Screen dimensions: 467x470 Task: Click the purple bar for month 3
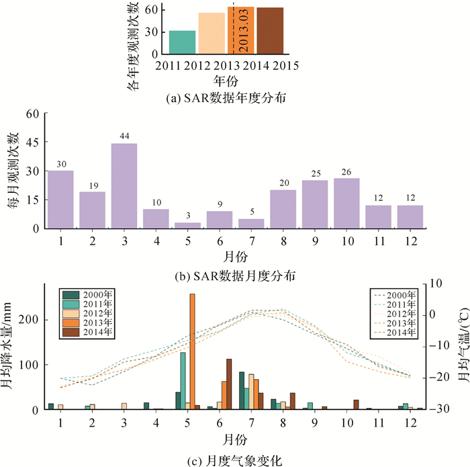click(124, 185)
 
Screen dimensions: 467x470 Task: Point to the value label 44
click(124, 136)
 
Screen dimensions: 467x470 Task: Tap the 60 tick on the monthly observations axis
click(33, 114)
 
